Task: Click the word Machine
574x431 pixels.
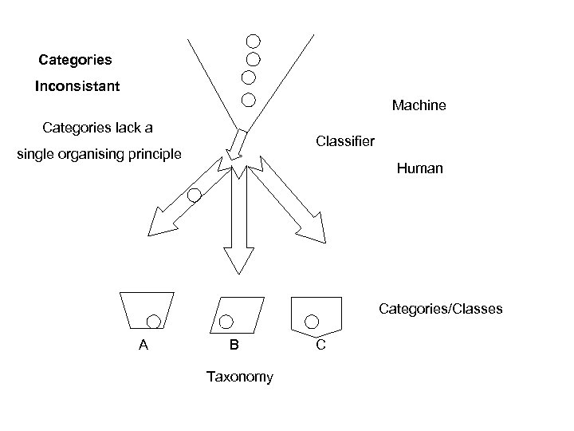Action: (419, 105)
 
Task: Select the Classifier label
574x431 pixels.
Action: (344, 141)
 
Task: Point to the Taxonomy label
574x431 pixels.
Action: (239, 377)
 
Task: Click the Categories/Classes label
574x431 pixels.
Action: (441, 308)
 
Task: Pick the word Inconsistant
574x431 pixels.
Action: (77, 86)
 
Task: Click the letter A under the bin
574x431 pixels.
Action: (143, 346)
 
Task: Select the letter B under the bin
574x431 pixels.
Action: (234, 346)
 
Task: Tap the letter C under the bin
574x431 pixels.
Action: (320, 346)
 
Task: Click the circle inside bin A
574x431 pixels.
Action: (154, 321)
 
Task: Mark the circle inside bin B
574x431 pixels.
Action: (226, 321)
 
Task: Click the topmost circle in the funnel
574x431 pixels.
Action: (253, 41)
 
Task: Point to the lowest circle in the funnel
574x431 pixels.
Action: (248, 101)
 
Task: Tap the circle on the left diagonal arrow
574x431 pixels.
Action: (195, 195)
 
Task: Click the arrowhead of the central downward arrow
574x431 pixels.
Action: (238, 259)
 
